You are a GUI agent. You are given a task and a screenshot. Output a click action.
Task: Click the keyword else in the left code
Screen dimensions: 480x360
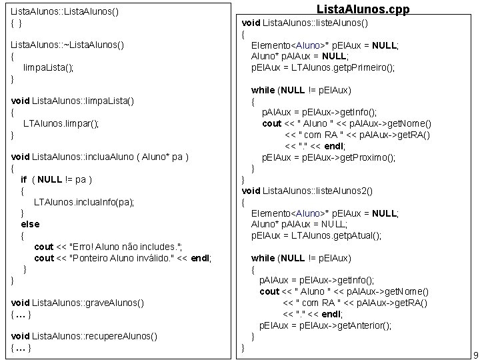tap(30, 224)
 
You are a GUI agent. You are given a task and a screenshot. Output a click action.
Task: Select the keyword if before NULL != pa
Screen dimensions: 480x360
tap(24, 179)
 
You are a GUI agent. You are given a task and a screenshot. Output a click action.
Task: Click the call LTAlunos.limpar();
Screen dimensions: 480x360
tap(61, 123)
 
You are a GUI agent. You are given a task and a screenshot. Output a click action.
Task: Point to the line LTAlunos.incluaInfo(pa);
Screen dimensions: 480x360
tap(84, 201)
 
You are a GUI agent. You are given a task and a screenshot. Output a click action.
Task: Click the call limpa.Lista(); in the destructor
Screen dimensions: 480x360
tap(48, 67)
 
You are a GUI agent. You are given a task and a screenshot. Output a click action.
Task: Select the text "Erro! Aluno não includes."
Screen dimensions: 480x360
tap(129, 247)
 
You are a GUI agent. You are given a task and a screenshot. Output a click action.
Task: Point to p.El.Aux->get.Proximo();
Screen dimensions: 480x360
tap(327, 157)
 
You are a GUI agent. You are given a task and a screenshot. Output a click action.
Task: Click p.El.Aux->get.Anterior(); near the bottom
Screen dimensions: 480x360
tap(325, 325)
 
